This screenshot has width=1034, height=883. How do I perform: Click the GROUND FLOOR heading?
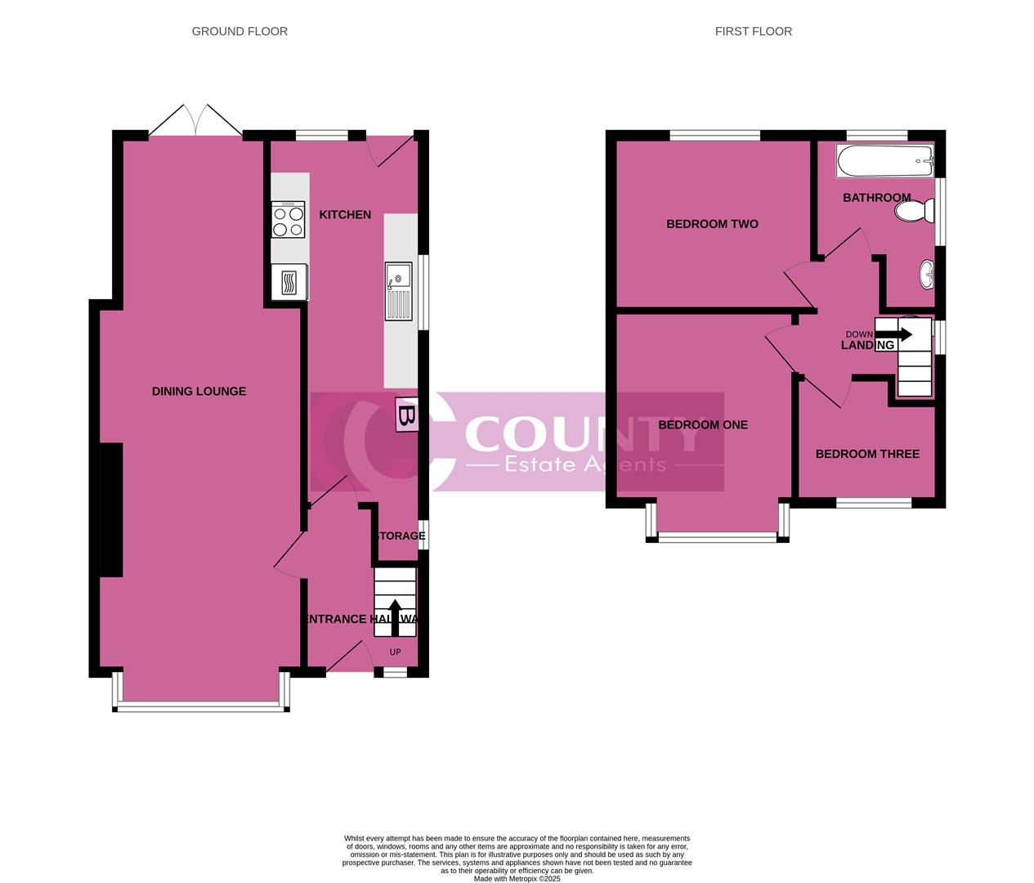[239, 32]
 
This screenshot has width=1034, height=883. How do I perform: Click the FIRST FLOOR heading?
[753, 32]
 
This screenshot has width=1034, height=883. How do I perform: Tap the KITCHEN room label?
[345, 215]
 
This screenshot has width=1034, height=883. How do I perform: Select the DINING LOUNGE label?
[199, 392]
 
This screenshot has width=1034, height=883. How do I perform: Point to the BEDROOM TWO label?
[712, 224]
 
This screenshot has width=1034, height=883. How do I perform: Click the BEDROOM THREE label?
[867, 455]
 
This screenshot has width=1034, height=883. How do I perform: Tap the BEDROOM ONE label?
[703, 425]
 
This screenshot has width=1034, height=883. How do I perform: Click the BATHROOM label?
[876, 198]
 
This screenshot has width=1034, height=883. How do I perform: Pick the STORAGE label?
[400, 536]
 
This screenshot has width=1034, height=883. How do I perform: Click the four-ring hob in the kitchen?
[289, 219]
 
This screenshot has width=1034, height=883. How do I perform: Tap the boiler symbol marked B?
[406, 415]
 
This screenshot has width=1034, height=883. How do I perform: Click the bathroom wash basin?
[926, 275]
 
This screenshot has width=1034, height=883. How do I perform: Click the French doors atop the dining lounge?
[196, 121]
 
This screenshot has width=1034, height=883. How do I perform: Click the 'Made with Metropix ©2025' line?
[517, 879]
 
